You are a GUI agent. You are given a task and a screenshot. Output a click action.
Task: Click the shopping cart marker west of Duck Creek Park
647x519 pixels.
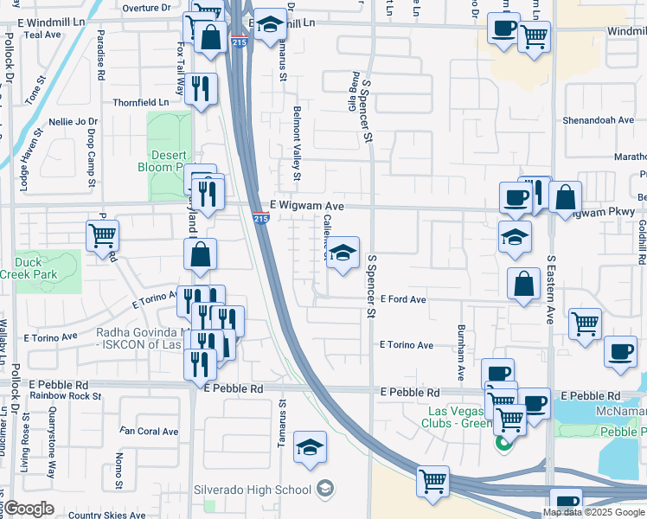[x=103, y=235]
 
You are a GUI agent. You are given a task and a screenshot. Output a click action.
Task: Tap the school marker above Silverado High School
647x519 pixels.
[x=310, y=447]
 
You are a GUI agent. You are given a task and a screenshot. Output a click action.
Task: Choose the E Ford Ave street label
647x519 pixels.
[x=403, y=299]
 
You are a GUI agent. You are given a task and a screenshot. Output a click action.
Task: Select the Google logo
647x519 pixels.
[x=29, y=509]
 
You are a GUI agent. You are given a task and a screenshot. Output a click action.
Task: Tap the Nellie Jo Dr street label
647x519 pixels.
[x=74, y=122]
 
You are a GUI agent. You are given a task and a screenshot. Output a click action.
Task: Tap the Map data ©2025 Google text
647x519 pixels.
[x=593, y=512]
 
